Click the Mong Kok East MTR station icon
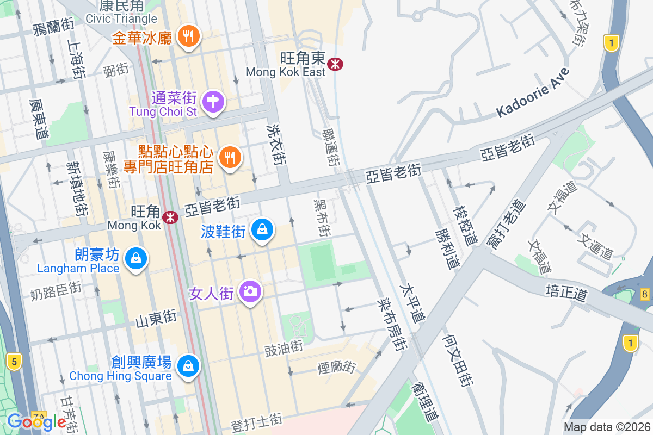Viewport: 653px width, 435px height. [x=335, y=64]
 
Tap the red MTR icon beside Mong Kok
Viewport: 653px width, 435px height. [x=171, y=217]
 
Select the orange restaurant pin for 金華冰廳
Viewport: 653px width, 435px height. [x=189, y=36]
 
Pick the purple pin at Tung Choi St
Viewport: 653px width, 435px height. [x=213, y=101]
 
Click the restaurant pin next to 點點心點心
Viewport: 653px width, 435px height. [x=230, y=158]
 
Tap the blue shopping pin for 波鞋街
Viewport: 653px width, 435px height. [x=262, y=231]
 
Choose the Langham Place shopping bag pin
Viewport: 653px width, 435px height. [x=134, y=258]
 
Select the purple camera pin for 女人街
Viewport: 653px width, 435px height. [x=250, y=291]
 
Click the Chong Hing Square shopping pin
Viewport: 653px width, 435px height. [x=188, y=365]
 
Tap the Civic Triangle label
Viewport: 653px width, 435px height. [x=121, y=18]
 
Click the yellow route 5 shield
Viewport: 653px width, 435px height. [x=14, y=360]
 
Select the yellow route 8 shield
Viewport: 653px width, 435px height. [x=645, y=294]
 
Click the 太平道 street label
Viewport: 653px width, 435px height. [x=411, y=302]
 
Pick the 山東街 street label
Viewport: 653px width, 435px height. [x=156, y=318]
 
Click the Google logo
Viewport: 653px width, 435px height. [x=36, y=421]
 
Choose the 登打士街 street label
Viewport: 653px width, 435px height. [x=257, y=422]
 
